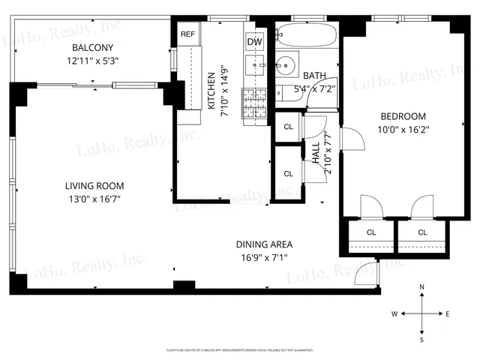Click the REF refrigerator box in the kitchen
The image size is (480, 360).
[187, 34]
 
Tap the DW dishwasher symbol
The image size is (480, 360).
[255, 41]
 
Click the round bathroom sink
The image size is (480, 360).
[286, 65]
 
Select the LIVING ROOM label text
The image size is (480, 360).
[94, 186]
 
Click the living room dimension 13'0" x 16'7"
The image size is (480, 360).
[94, 199]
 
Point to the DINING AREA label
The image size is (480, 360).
[264, 244]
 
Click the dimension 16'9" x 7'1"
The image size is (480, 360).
[264, 257]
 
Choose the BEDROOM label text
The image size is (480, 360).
[403, 116]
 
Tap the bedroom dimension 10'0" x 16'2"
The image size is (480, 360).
[403, 129]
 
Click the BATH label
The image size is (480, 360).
[315, 75]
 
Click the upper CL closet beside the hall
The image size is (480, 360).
[289, 126]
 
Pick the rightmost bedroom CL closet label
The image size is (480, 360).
[422, 232]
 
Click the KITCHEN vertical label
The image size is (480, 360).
[212, 94]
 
